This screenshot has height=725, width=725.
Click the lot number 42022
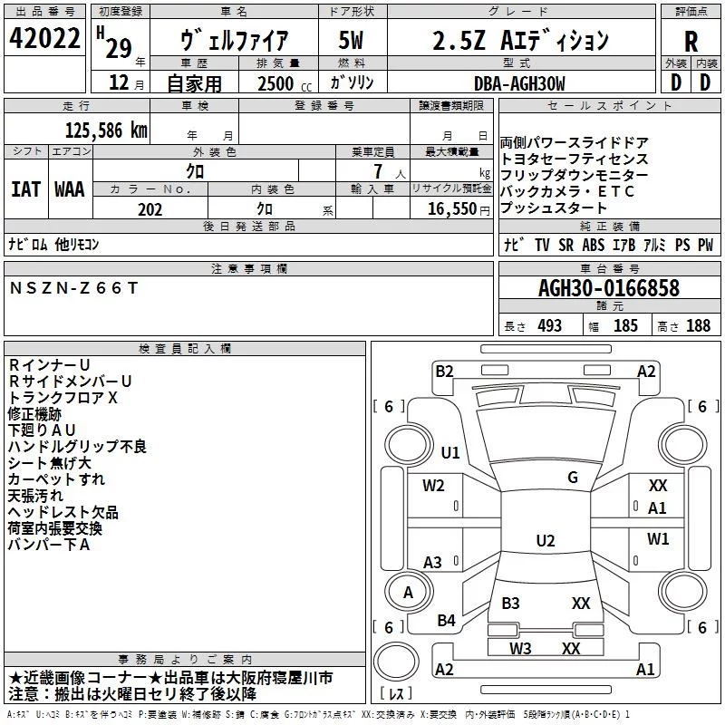44,38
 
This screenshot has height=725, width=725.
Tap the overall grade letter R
691,42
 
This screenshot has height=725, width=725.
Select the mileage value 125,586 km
106,130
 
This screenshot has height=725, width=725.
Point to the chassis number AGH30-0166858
609,288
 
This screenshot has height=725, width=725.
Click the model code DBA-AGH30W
519,83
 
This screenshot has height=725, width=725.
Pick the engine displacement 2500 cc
285,83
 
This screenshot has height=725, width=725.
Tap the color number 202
150,209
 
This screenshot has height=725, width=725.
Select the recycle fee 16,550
452,208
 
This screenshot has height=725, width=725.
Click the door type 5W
351,40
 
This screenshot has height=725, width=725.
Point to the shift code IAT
26,189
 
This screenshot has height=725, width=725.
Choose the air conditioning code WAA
70,189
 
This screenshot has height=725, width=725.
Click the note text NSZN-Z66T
74,288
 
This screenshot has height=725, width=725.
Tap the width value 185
625,325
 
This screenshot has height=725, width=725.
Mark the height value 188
698,325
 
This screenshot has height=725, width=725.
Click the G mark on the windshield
573,478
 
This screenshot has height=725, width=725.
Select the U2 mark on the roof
546,540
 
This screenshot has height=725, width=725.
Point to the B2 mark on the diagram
444,372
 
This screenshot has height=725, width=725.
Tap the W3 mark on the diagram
520,648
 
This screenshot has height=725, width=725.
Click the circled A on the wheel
408,593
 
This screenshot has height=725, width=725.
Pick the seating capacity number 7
378,171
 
